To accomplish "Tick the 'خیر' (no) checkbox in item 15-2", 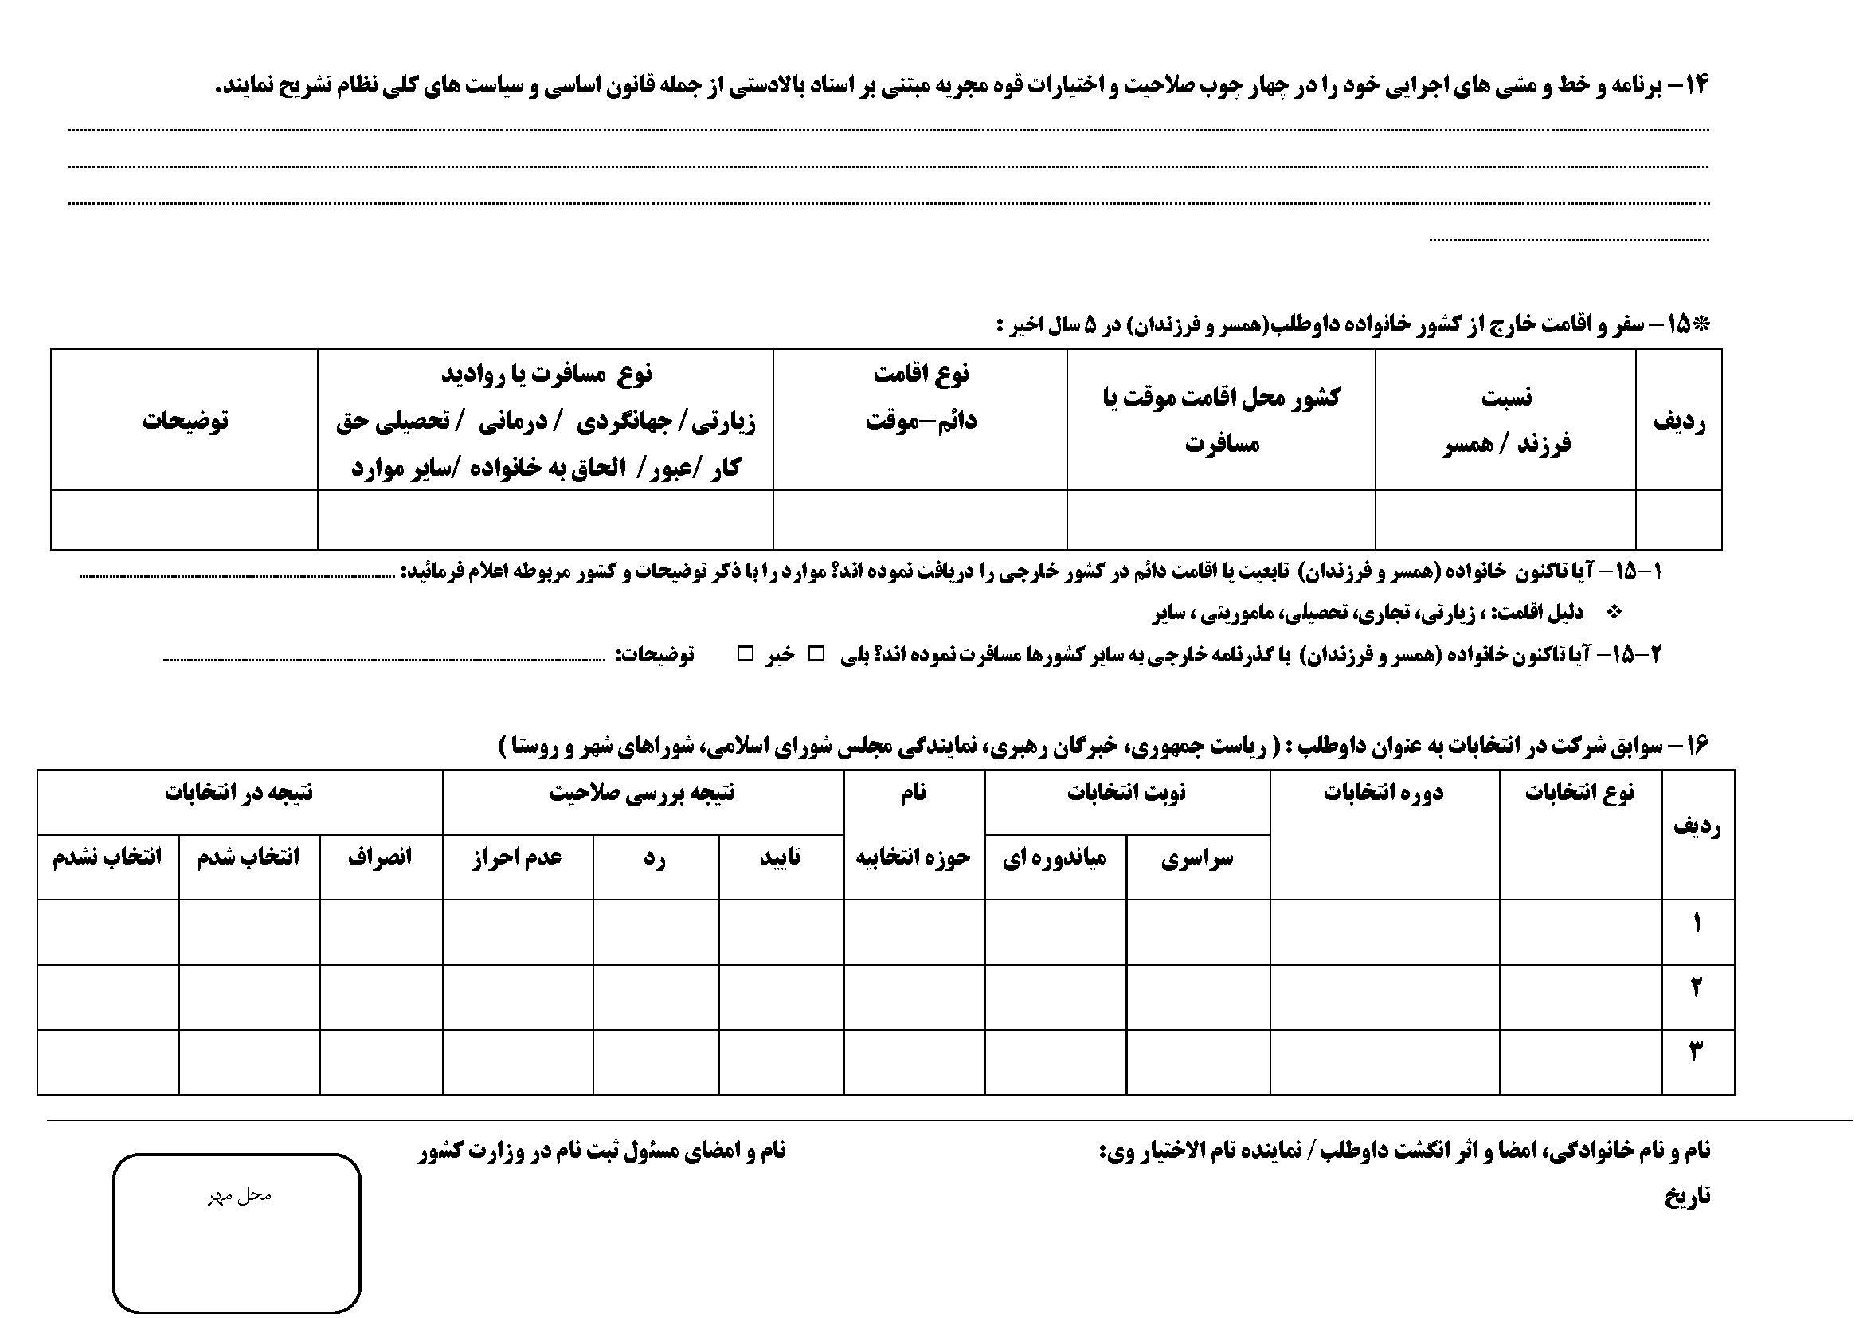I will [745, 653].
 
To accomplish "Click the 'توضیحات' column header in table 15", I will [186, 421].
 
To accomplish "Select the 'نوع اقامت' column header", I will [921, 397].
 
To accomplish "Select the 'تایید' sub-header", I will [781, 858].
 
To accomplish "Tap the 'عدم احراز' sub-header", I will [517, 858].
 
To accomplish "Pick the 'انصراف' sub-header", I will [381, 858].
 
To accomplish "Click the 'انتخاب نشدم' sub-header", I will [107, 858].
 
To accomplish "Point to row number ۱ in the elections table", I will [1697, 924].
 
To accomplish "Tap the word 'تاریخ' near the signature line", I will [1688, 1196].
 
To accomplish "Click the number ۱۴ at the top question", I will [1695, 84].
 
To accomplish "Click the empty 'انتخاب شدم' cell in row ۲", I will [249, 997].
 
